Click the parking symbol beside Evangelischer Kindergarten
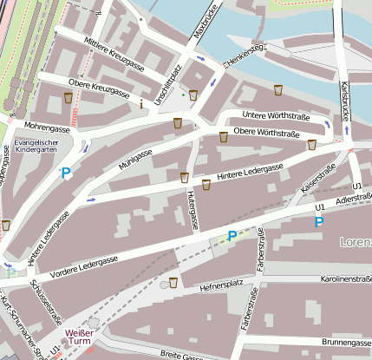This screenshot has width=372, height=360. pyautogui.click(x=66, y=174)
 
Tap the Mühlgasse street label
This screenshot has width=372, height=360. pyautogui.click(x=134, y=158)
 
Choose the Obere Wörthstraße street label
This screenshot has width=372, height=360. pyautogui.click(x=266, y=133)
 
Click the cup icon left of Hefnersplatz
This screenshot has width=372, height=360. pyautogui.click(x=174, y=282)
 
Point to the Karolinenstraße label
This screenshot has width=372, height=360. pyautogui.click(x=345, y=279)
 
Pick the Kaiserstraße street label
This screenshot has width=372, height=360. pyautogui.click(x=317, y=180)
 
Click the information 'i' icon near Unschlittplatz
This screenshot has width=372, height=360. pyautogui.click(x=142, y=103)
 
